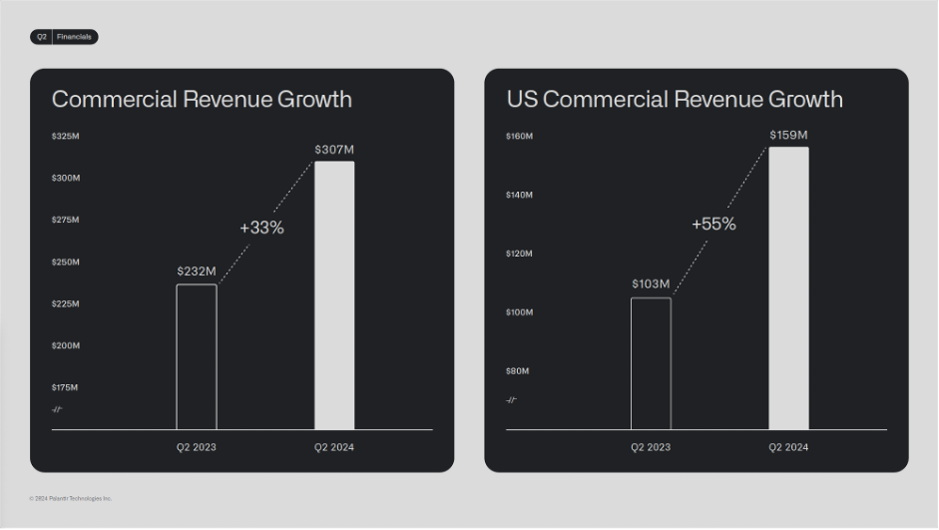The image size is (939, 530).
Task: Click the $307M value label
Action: point(334,150)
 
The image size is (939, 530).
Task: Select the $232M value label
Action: point(197,270)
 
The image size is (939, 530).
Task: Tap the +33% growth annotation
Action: point(261,228)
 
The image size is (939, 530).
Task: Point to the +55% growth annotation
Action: point(713,224)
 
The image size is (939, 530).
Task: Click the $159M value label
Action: point(788,135)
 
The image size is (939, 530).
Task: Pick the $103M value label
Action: point(651,284)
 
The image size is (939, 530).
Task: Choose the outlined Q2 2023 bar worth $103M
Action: point(651,363)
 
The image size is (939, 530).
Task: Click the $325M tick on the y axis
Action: point(66,136)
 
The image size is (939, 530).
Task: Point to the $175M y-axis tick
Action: point(66,387)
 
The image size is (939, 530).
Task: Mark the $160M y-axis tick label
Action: point(519,136)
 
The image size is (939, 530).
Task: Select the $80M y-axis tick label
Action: point(518,371)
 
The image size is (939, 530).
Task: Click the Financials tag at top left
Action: point(74,37)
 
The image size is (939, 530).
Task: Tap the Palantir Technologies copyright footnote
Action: point(71,498)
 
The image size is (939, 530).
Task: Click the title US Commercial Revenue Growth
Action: point(675,99)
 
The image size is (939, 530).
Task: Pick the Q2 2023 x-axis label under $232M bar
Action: point(197,447)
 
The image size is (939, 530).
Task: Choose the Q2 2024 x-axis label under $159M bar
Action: point(788,447)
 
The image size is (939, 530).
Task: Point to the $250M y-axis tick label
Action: point(66,262)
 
